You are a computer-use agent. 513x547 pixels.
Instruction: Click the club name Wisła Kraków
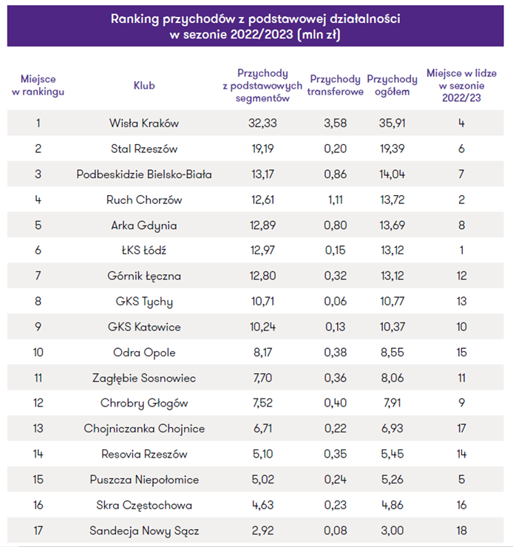(144, 123)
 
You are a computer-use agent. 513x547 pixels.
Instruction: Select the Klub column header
(144, 86)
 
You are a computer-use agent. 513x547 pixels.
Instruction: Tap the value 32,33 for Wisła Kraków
(262, 123)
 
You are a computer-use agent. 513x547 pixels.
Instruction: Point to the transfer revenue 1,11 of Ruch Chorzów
(335, 200)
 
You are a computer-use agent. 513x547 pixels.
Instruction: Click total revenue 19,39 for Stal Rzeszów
(392, 149)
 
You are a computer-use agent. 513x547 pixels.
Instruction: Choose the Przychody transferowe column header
(335, 86)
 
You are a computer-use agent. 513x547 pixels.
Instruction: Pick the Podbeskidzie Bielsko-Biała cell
(144, 174)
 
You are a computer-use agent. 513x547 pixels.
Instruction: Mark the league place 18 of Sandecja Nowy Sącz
(461, 531)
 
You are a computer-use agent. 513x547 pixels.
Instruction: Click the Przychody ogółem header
(392, 86)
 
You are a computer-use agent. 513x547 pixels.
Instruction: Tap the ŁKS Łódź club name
(144, 250)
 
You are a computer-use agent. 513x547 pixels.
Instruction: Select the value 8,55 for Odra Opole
(392, 353)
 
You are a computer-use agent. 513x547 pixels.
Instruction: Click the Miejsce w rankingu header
(38, 86)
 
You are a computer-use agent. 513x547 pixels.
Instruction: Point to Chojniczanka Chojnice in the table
(144, 429)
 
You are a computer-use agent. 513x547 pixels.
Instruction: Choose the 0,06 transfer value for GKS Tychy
(335, 302)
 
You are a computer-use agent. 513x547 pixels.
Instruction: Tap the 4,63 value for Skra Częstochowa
(262, 505)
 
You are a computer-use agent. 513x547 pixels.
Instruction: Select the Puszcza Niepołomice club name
(144, 480)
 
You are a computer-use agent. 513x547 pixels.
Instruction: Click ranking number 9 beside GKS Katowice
(38, 327)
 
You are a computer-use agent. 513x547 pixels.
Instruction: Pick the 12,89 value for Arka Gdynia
(262, 225)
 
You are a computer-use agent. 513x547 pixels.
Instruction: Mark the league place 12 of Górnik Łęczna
(461, 276)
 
